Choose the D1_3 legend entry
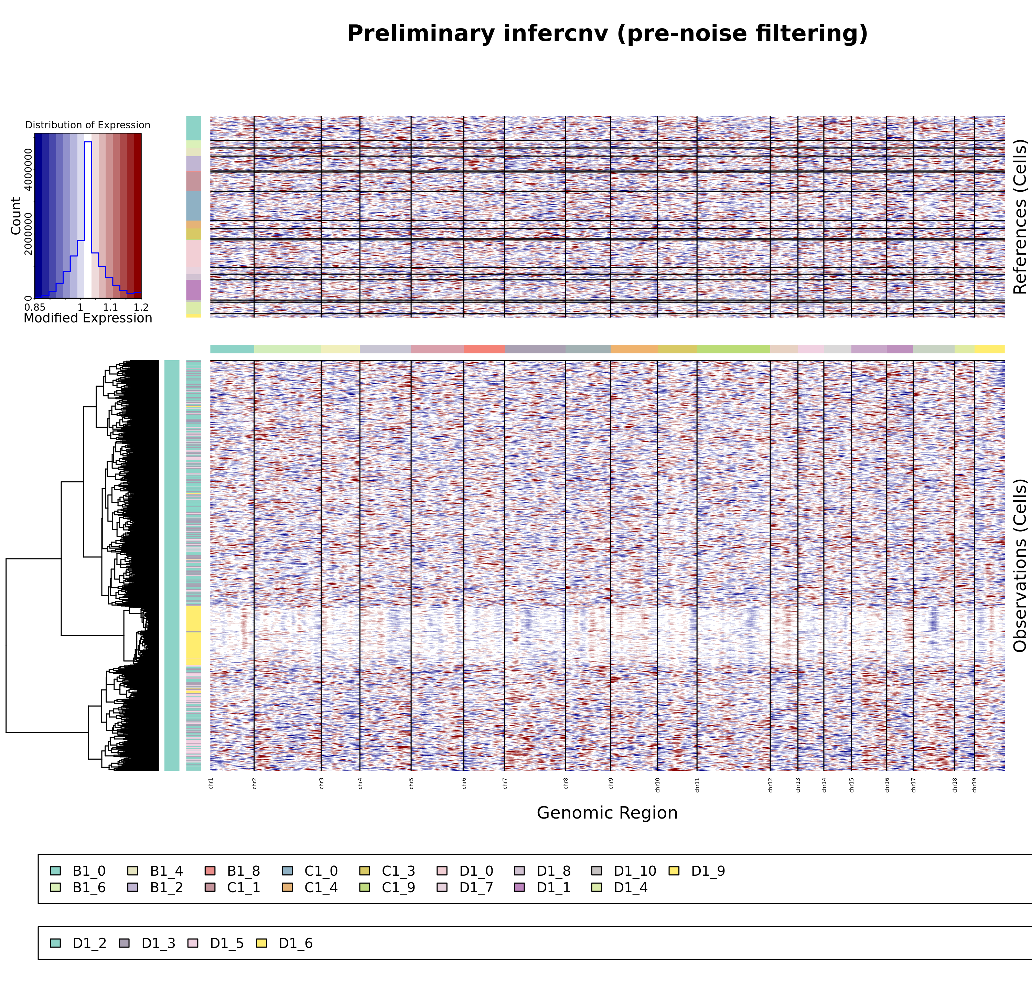coord(158,943)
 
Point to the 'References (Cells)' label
coord(1020,216)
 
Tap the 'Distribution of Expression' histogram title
coord(88,125)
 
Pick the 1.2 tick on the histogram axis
coord(141,307)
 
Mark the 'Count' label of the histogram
coord(16,216)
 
